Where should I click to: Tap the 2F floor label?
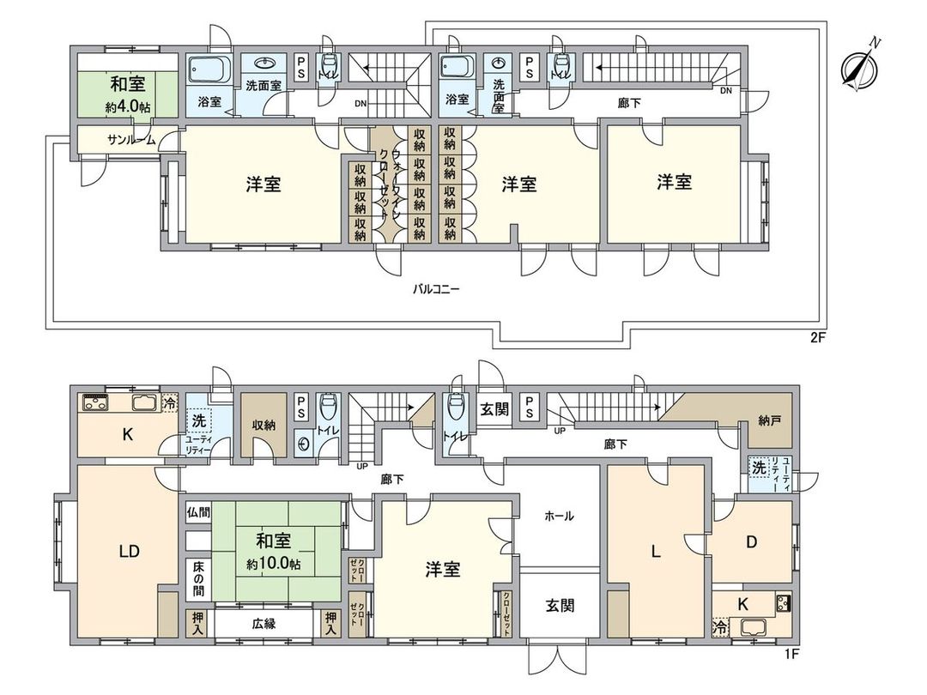point(817,338)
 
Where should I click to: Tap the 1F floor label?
point(791,654)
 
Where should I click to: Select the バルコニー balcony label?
point(436,290)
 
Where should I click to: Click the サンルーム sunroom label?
point(131,141)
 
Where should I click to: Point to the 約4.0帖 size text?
point(128,108)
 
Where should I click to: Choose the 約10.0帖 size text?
point(273,564)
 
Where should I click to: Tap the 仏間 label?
point(198,511)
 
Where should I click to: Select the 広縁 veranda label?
point(264,624)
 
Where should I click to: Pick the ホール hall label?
point(559,516)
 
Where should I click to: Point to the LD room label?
point(129,552)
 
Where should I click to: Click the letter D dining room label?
point(751,542)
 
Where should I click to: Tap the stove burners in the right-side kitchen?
point(784,603)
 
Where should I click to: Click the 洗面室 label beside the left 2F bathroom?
point(264,86)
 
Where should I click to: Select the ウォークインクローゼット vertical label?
point(389,184)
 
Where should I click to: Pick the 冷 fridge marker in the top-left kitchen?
point(170,404)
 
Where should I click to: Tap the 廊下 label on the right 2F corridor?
point(629,103)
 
